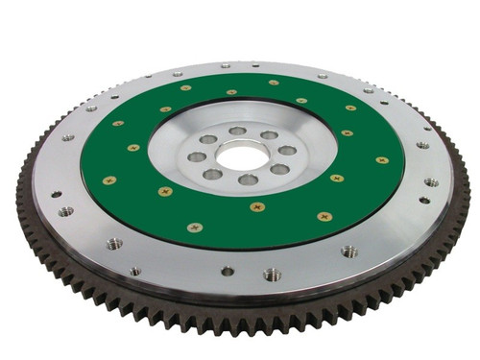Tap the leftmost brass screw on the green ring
click(109, 180)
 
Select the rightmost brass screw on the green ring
click(382, 160)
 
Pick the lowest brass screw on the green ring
click(196, 228)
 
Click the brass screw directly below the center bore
click(256, 206)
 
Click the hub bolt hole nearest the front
click(249, 180)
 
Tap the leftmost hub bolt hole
click(196, 156)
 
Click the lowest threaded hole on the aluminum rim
click(272, 275)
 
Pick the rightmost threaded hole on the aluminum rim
click(432, 182)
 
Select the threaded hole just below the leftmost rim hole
click(64, 211)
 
